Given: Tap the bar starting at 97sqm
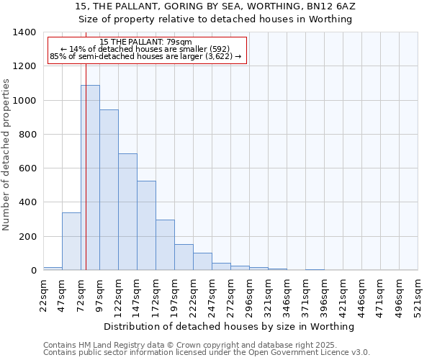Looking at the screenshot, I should point(109,190).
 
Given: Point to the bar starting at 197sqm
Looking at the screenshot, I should point(184,257).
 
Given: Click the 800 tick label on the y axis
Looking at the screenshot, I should point(27,135).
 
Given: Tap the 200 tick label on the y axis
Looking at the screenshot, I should point(27,237).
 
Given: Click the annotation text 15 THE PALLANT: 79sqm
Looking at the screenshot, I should point(146,42).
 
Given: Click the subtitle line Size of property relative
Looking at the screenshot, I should point(215,19).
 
